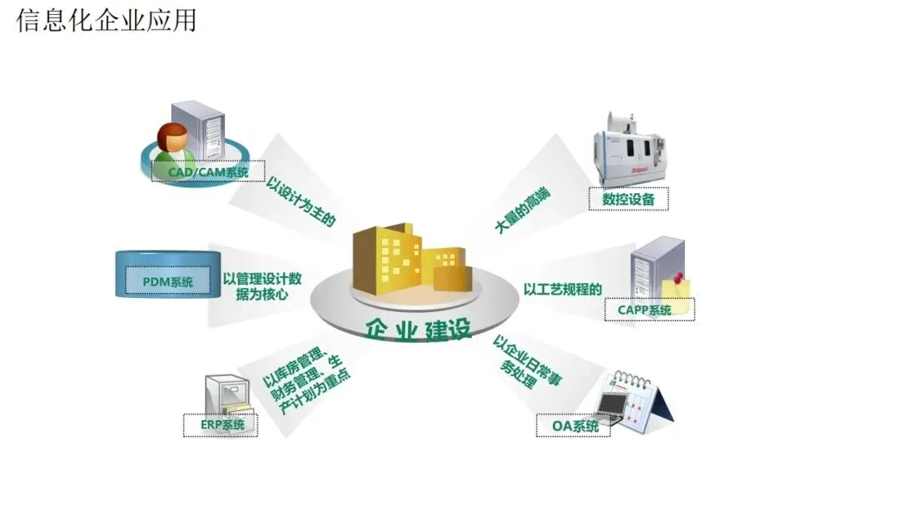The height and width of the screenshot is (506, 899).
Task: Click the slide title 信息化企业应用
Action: [107, 20]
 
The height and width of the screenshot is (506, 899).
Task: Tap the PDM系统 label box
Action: [167, 282]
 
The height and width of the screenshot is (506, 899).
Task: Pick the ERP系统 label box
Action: [221, 424]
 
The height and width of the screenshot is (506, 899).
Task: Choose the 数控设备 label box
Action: [628, 199]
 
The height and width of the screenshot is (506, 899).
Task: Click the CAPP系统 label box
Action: [649, 310]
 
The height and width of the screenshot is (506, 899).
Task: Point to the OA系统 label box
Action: [575, 427]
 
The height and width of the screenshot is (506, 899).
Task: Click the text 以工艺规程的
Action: [563, 290]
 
